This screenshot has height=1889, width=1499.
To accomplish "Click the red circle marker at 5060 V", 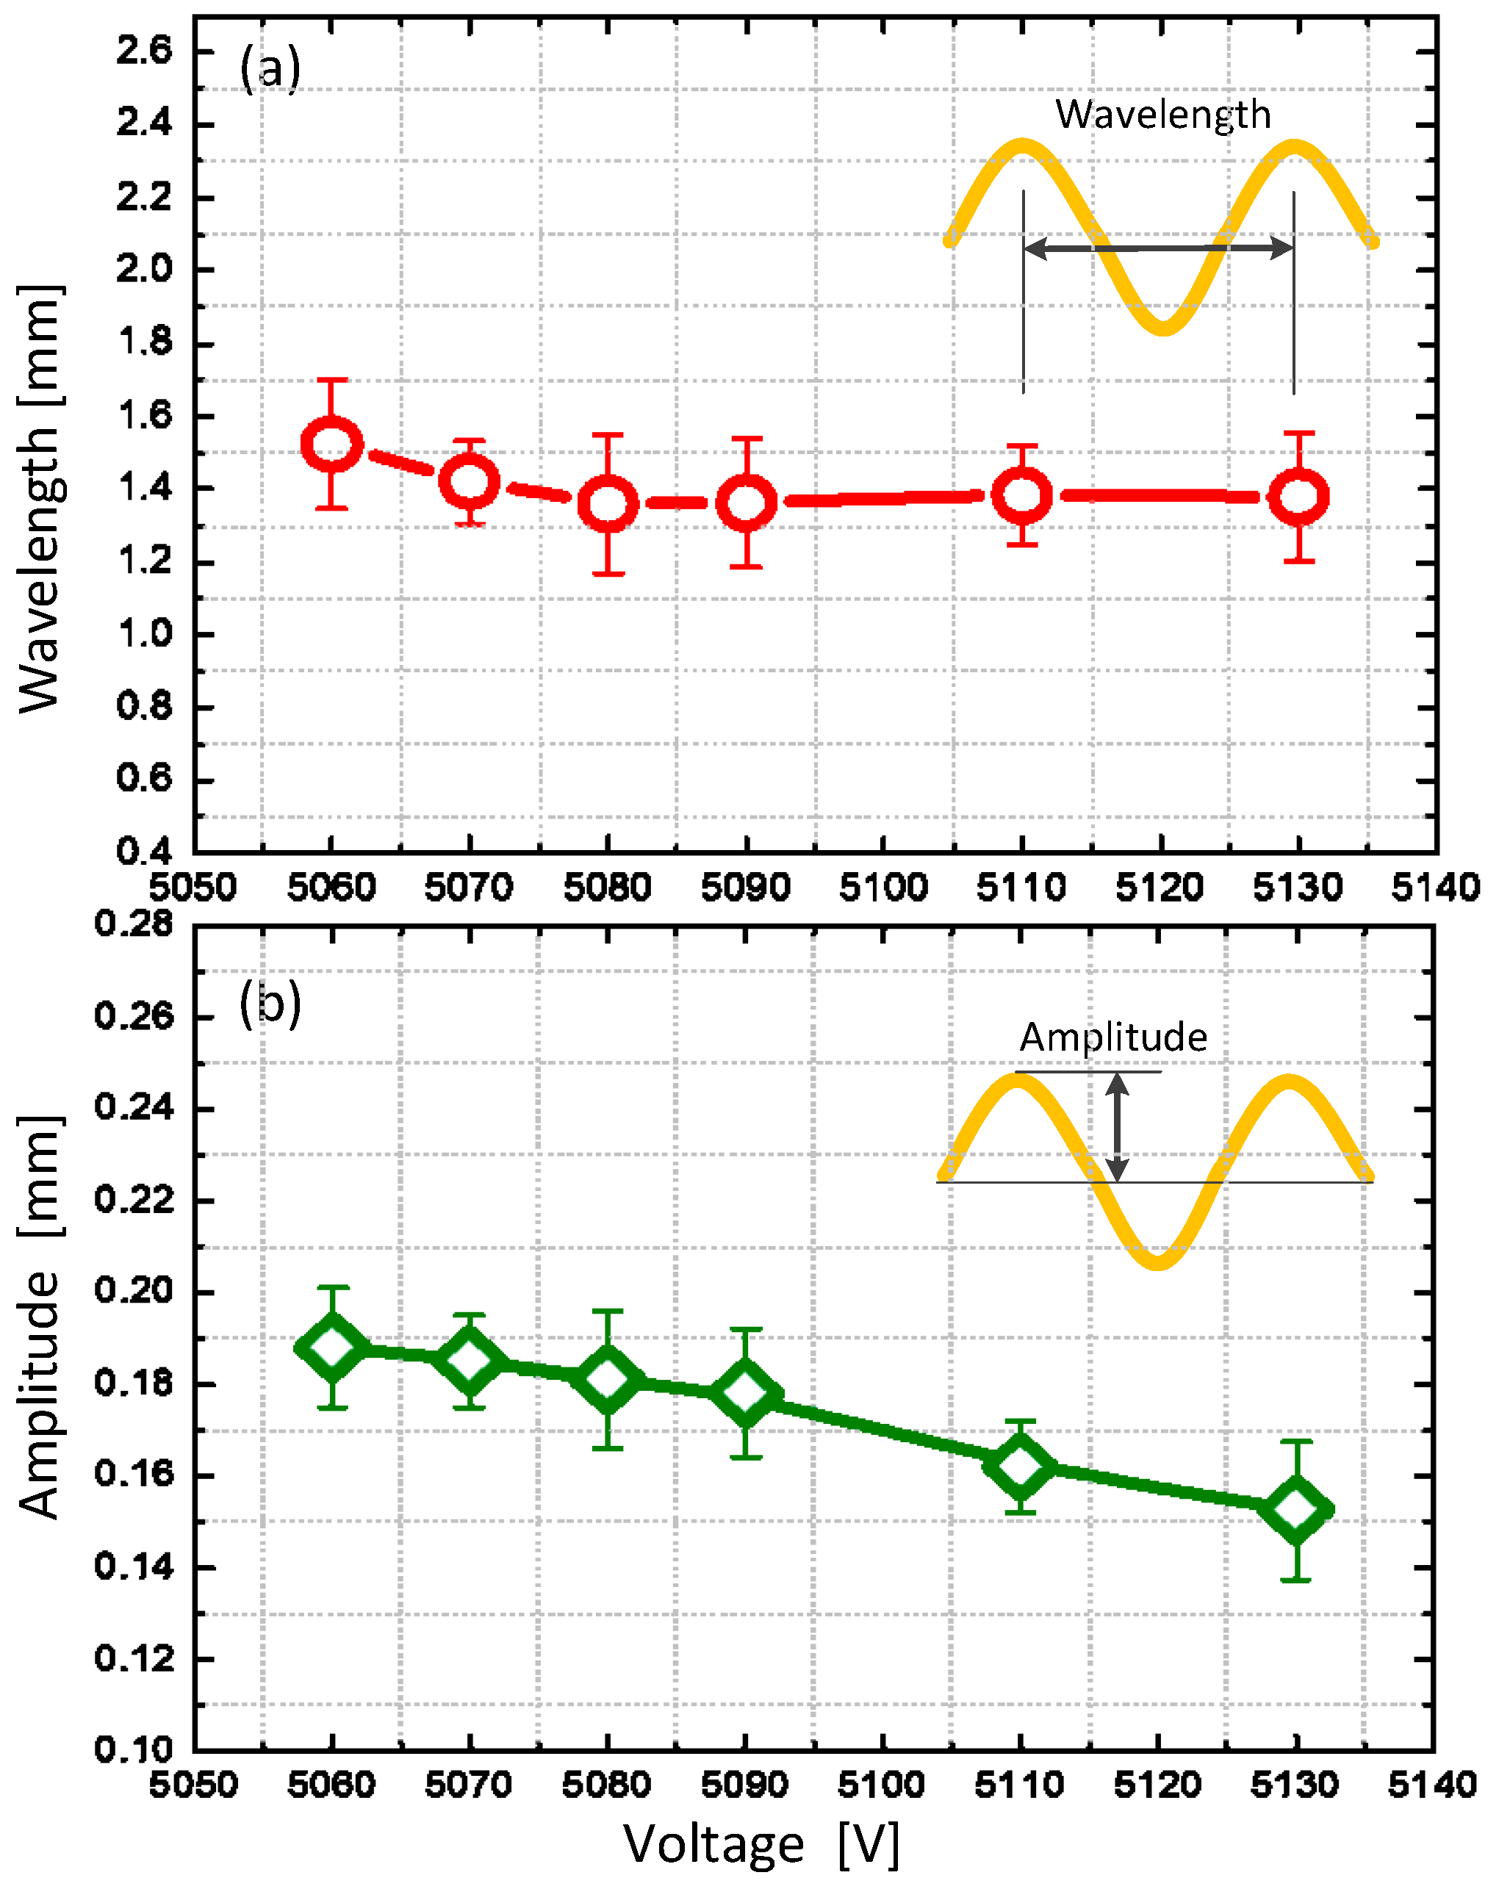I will coord(331,445).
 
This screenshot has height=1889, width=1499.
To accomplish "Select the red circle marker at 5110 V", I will coord(1021,495).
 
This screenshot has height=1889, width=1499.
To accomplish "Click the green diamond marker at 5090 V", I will coord(746,1393).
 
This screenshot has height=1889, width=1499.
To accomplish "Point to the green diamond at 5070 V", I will coord(470,1360).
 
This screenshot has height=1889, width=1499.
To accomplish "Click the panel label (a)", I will coord(270,68).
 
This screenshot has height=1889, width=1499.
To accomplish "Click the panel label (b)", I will coord(270,1004).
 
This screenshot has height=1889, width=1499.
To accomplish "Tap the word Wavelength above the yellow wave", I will coord(1162,115).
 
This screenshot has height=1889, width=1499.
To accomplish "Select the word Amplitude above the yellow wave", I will coord(1112,1037).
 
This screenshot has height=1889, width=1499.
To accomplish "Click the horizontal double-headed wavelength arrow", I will coord(1158,249).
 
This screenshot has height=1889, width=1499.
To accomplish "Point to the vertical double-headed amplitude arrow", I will coord(1116,1127).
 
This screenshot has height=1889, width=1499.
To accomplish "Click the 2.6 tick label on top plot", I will coord(145,51).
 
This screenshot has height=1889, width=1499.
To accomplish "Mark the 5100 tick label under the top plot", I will coord(883,888).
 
